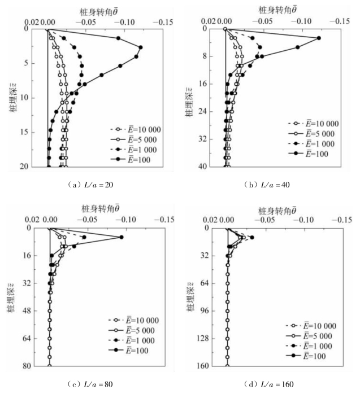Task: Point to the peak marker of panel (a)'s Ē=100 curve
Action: [x=140, y=47]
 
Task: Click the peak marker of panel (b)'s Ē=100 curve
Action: [x=319, y=38]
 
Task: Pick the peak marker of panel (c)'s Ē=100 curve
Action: [x=122, y=237]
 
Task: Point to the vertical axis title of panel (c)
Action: [x=12, y=297]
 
